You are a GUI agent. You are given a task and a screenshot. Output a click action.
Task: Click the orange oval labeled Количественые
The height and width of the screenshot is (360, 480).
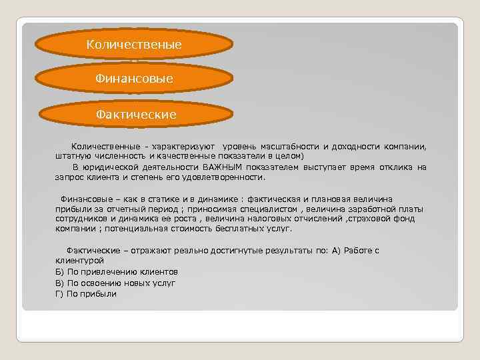click(134, 44)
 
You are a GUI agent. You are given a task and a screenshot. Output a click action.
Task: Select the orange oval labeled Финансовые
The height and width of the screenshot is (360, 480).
click(134, 79)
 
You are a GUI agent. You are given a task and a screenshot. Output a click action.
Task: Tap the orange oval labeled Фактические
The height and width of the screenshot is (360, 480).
click(136, 114)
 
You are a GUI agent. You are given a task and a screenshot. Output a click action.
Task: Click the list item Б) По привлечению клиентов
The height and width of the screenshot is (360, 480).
click(116, 271)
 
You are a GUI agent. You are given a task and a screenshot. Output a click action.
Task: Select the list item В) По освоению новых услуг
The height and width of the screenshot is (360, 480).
click(115, 283)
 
